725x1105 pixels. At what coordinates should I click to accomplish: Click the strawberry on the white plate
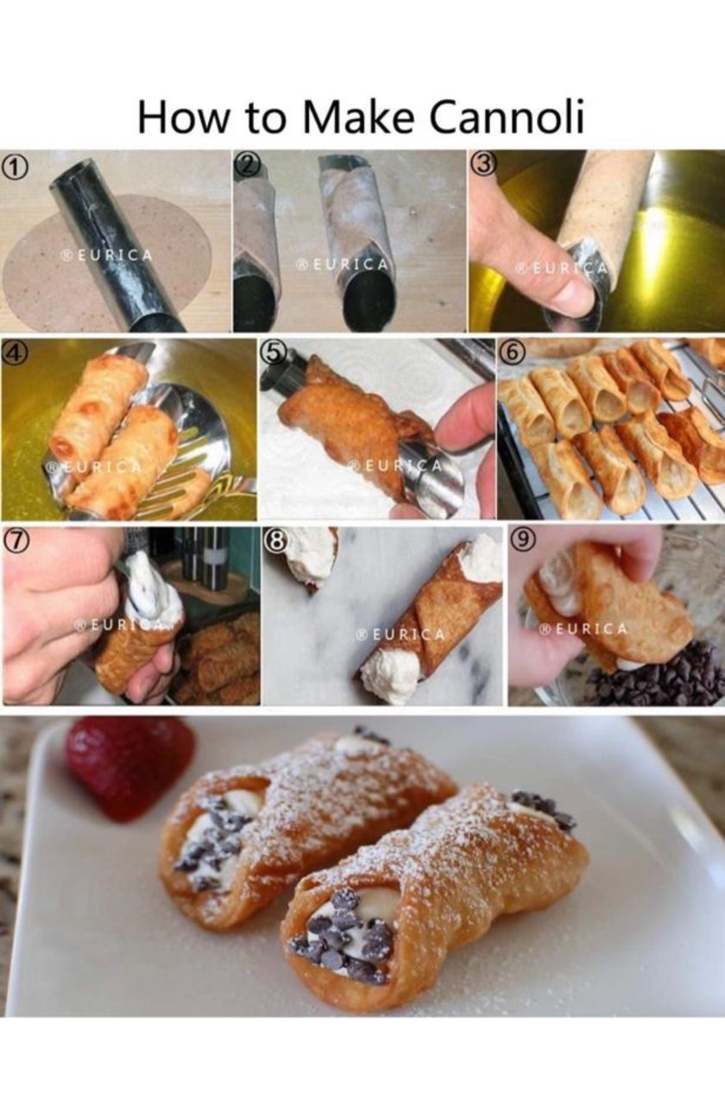pyautogui.click(x=129, y=768)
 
